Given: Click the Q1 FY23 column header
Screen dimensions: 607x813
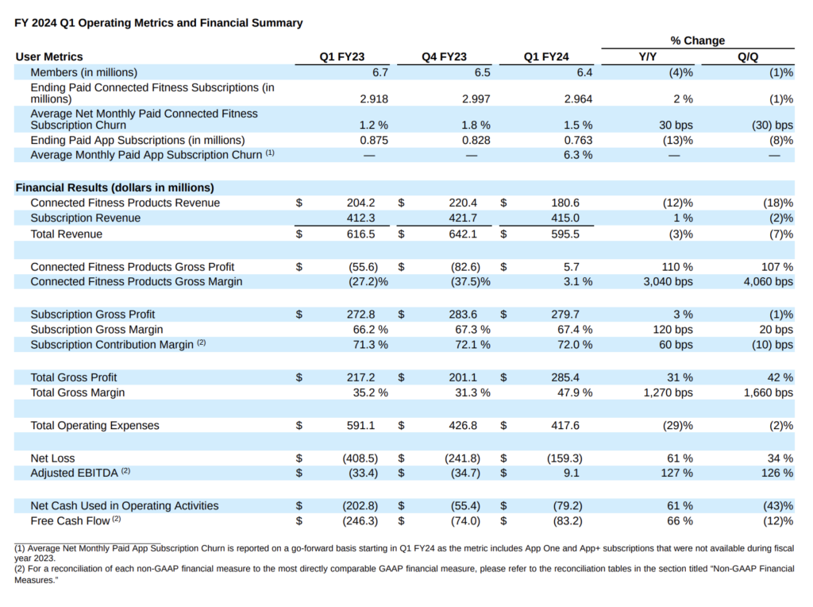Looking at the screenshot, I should [x=342, y=56].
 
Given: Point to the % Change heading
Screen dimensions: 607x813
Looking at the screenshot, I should [x=697, y=41].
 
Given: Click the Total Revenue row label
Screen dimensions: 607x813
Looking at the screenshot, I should [x=66, y=234].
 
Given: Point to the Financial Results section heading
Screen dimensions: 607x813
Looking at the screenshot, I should [x=115, y=188].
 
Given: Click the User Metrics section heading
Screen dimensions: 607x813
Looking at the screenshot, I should [x=49, y=56].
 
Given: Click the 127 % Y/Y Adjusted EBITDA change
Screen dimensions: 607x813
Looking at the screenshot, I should [x=677, y=474].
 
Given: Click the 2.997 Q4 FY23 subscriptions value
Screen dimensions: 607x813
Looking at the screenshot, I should [x=475, y=99].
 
